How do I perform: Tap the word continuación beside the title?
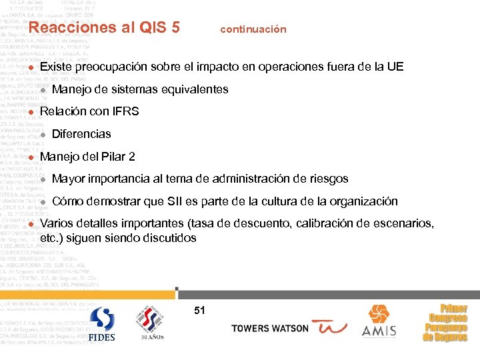point(253,29)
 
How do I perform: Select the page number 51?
point(199,310)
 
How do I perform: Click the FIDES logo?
point(102,324)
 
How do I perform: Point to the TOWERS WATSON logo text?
point(270,329)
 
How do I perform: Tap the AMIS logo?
point(379,321)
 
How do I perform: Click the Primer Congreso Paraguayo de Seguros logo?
point(445,323)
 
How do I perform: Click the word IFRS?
point(125,111)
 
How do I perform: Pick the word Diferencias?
point(81,134)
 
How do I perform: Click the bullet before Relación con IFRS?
point(31,112)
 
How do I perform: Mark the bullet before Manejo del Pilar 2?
point(31,157)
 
